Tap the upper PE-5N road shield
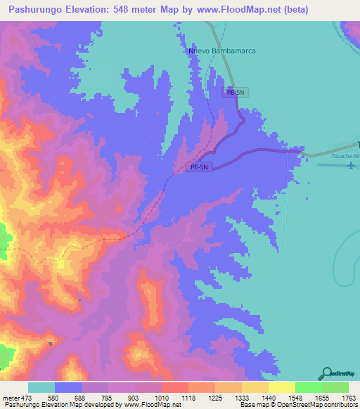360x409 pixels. pyautogui.click(x=235, y=92)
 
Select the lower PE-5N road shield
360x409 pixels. pyautogui.click(x=200, y=167)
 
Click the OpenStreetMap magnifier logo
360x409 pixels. pyautogui.click(x=326, y=373)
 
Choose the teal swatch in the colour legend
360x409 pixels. pyautogui.click(x=41, y=387)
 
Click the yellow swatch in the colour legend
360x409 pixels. pyautogui.click(x=281, y=387)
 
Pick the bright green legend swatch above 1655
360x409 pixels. pyautogui.click(x=308, y=387)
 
